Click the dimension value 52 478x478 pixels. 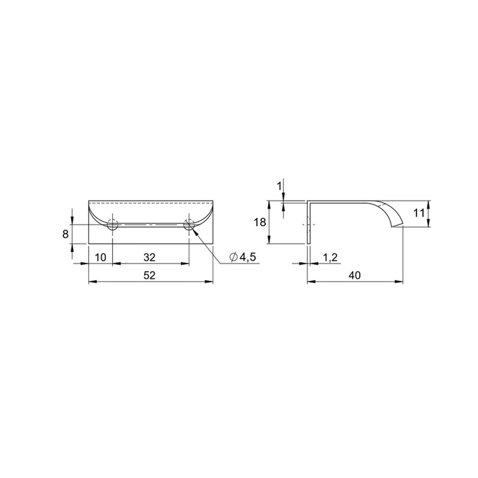(x=149, y=275)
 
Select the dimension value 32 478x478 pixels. (x=149, y=258)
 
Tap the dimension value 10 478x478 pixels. (x=100, y=258)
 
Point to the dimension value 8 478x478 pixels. (x=66, y=234)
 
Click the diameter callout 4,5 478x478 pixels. (x=247, y=258)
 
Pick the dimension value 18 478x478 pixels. (x=260, y=222)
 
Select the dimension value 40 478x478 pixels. (x=354, y=275)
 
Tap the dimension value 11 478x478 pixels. (x=418, y=213)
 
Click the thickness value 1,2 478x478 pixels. (x=330, y=258)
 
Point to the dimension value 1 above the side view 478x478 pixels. (x=279, y=186)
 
